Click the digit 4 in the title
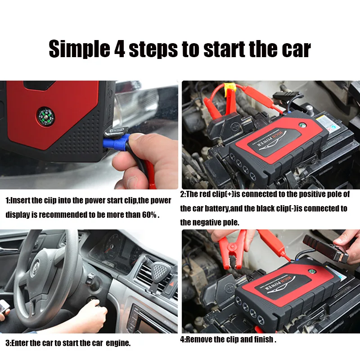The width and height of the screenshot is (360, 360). coord(118,49)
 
